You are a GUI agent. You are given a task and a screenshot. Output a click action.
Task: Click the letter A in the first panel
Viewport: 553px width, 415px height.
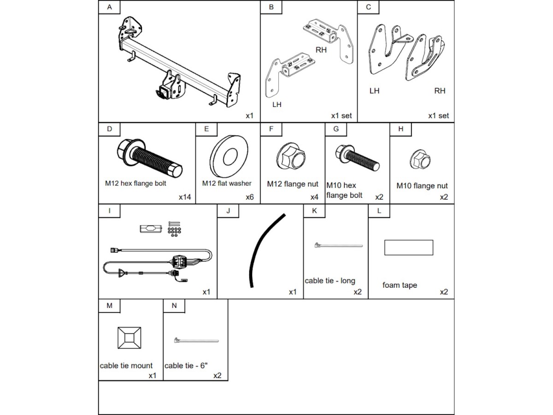click(109, 7)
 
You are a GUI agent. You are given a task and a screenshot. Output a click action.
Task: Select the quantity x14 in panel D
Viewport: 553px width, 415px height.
click(185, 197)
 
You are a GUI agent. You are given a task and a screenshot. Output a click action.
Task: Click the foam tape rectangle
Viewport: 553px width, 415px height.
click(409, 247)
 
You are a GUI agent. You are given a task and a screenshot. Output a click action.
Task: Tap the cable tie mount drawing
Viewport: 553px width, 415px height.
click(129, 338)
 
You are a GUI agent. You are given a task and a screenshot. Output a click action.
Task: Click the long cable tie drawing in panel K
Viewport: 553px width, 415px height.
click(338, 246)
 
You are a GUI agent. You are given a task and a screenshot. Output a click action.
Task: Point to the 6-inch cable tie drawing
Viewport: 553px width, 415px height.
click(196, 341)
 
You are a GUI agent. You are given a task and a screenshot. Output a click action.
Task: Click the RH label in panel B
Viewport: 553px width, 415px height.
click(321, 50)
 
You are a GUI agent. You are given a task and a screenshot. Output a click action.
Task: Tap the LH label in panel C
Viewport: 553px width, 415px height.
click(375, 91)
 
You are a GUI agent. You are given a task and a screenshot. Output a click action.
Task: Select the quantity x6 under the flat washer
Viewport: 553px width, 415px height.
click(250, 197)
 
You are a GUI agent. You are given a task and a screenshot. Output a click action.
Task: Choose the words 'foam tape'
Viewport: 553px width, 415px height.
click(400, 285)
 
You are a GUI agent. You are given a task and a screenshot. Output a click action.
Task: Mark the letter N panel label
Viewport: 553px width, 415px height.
click(174, 305)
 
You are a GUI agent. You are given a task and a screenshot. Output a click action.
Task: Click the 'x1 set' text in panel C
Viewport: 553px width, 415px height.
click(438, 116)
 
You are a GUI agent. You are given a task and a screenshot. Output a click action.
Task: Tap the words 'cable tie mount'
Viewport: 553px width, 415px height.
click(126, 366)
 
